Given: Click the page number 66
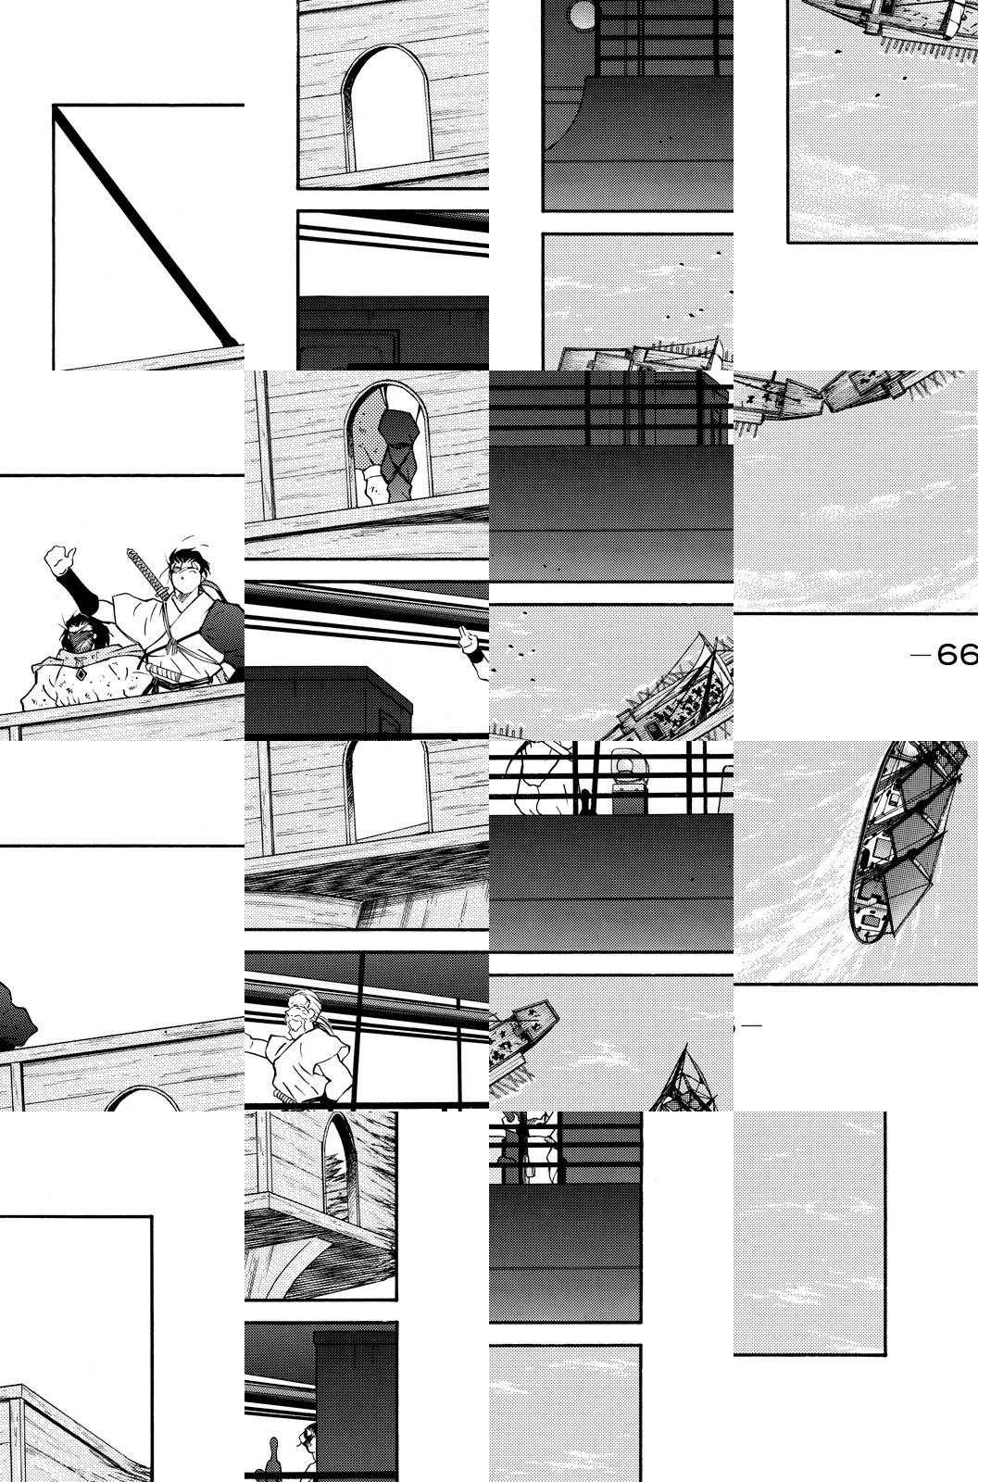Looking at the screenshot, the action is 958,655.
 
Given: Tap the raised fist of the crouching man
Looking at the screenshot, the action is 59,560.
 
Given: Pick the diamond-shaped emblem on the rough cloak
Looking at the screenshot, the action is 81,675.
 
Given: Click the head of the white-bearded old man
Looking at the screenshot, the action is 304,1010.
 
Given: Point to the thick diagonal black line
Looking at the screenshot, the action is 145,226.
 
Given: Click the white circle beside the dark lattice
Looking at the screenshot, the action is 583,15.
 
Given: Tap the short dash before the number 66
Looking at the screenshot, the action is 921,655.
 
